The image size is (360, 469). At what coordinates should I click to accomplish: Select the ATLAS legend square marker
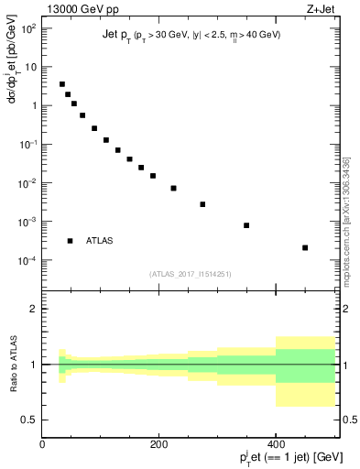tap(70, 241)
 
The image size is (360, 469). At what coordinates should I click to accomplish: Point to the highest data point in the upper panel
tap(62, 84)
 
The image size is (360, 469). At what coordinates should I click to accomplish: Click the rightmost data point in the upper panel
tap(305, 247)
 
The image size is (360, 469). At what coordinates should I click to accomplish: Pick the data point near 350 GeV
tap(246, 225)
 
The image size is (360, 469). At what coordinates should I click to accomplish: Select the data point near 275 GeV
tap(202, 204)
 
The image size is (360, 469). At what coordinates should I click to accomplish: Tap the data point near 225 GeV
tap(173, 188)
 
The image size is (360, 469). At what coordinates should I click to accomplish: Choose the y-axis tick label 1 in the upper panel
tap(33, 106)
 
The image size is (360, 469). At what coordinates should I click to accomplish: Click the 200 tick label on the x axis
tap(158, 443)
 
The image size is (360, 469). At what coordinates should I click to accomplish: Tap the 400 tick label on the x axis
tap(276, 443)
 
